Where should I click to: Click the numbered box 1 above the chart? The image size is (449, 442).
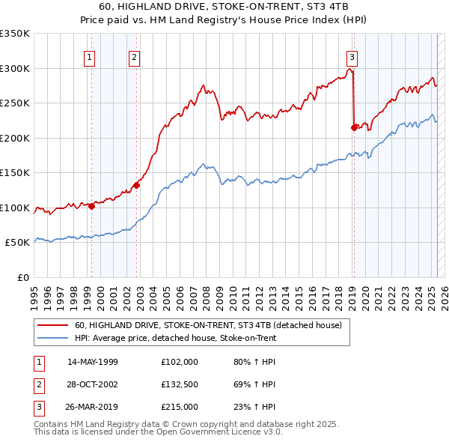[89, 57]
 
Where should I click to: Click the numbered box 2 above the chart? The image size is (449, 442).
[134, 57]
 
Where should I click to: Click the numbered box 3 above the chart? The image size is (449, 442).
[351, 57]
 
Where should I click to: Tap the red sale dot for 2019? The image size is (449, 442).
[354, 127]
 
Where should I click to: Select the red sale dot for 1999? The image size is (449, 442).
[91, 206]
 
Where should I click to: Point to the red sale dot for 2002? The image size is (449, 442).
[137, 185]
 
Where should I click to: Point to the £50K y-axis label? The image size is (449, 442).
[17, 243]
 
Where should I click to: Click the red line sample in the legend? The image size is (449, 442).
[52, 325]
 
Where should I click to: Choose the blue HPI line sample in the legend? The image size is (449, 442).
[52, 338]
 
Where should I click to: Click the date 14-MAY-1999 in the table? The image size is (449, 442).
[93, 361]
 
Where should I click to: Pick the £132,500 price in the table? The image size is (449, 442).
[179, 384]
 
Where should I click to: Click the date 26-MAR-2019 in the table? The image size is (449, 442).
[93, 408]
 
